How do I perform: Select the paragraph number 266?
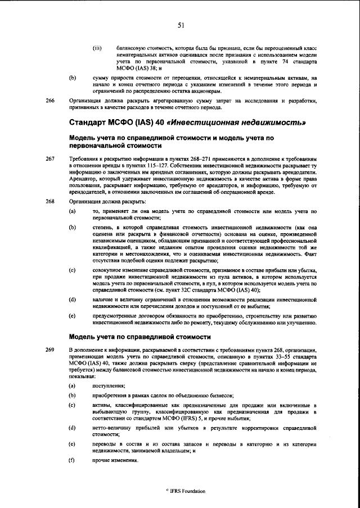50,101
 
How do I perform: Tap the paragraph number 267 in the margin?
50,159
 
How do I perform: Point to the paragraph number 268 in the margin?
50,201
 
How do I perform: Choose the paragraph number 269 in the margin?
50,350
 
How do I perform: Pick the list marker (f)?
72,461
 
